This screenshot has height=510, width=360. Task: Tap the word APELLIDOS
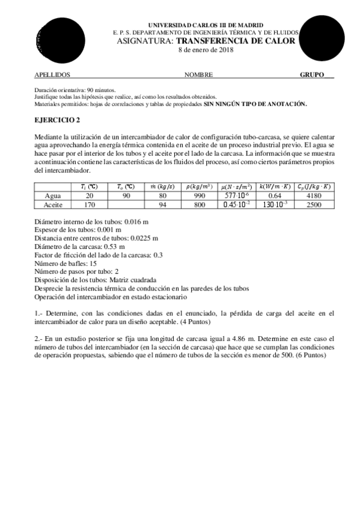pos(53,75)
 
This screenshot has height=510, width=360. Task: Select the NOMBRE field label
pos(198,75)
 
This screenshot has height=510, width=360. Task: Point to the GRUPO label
pos(312,75)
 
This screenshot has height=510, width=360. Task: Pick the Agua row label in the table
pos(56,195)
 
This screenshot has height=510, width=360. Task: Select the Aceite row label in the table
pos(56,204)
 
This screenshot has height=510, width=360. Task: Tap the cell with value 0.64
pos(275,195)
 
